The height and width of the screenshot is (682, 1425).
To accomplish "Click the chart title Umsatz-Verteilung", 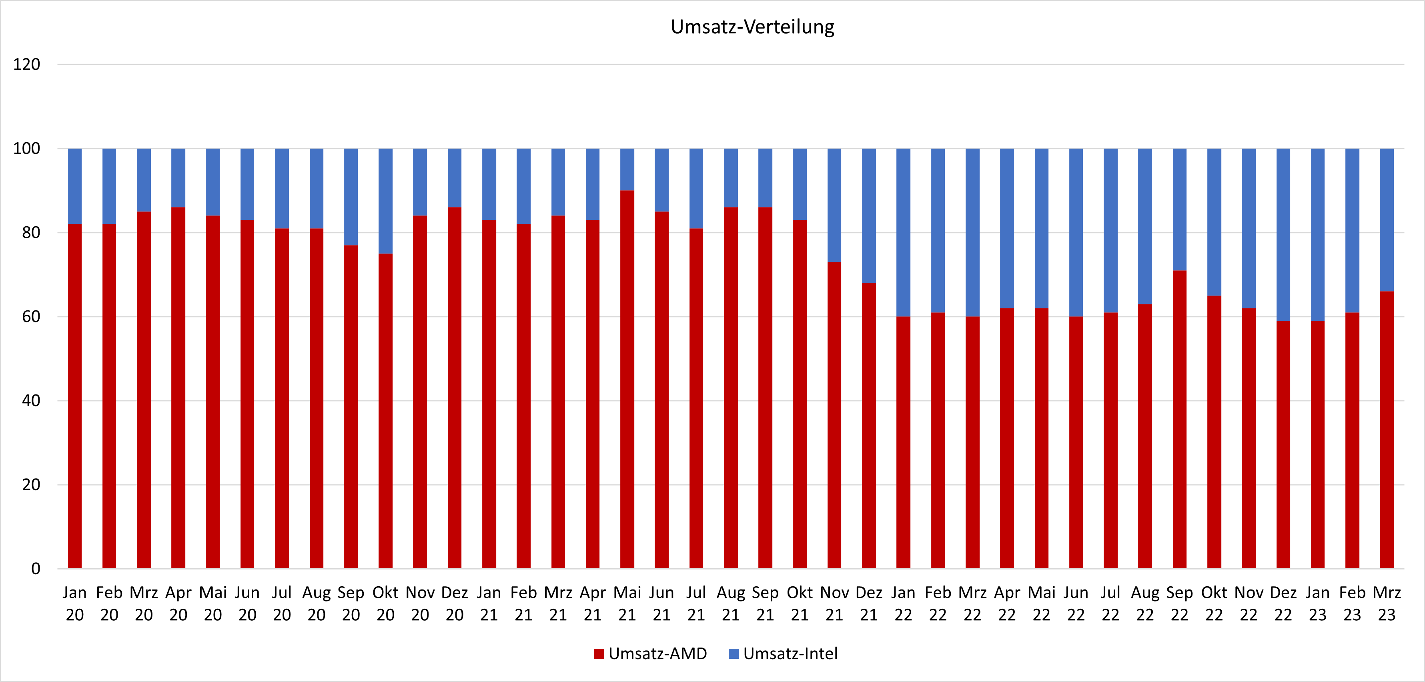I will [x=752, y=26].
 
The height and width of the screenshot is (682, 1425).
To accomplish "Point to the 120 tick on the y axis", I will [x=26, y=64].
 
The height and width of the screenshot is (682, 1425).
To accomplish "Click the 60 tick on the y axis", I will [x=31, y=317].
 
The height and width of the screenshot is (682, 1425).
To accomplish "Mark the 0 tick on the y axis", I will [x=35, y=569].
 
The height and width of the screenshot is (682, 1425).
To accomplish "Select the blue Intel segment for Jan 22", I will [x=903, y=233].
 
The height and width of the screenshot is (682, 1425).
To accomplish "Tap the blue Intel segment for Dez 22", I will [x=1283, y=235].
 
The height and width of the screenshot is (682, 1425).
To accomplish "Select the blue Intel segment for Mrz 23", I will [x=1387, y=220].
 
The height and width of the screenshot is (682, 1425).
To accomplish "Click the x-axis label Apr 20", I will [x=178, y=604].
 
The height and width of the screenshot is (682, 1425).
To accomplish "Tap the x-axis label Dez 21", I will [x=869, y=604].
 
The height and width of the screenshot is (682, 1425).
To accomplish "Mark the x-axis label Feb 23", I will [x=1352, y=604].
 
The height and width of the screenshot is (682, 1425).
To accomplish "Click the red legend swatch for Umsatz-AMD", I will [x=599, y=654].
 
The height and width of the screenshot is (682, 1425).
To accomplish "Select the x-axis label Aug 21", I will [x=731, y=604].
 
